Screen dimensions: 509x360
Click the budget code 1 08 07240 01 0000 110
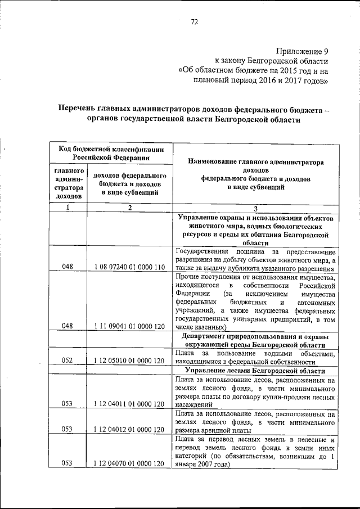point(129,267)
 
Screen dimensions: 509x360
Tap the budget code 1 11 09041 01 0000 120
point(129,325)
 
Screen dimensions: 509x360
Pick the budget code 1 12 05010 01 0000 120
point(129,361)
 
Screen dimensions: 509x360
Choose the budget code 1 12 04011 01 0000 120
point(129,403)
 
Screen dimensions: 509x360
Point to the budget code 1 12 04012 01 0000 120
point(129,429)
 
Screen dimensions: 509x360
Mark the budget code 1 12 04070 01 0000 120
point(129,463)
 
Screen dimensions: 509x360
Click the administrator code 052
point(67,361)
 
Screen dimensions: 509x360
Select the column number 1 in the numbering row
point(67,208)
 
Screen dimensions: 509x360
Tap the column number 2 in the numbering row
point(129,208)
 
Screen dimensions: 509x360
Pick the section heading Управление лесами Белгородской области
point(255,371)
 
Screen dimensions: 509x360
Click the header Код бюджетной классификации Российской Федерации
point(111,153)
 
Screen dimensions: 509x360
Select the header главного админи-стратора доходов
point(69,183)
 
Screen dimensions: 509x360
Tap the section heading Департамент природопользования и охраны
point(255,335)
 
